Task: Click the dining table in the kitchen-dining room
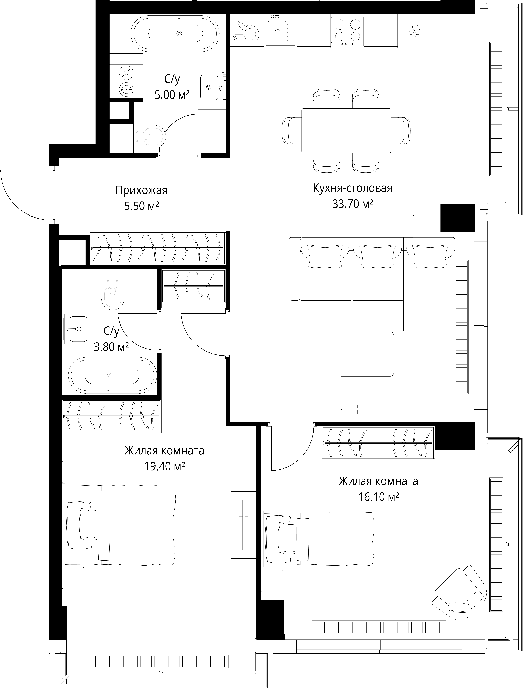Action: [346, 130]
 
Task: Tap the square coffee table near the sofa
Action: [365, 354]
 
